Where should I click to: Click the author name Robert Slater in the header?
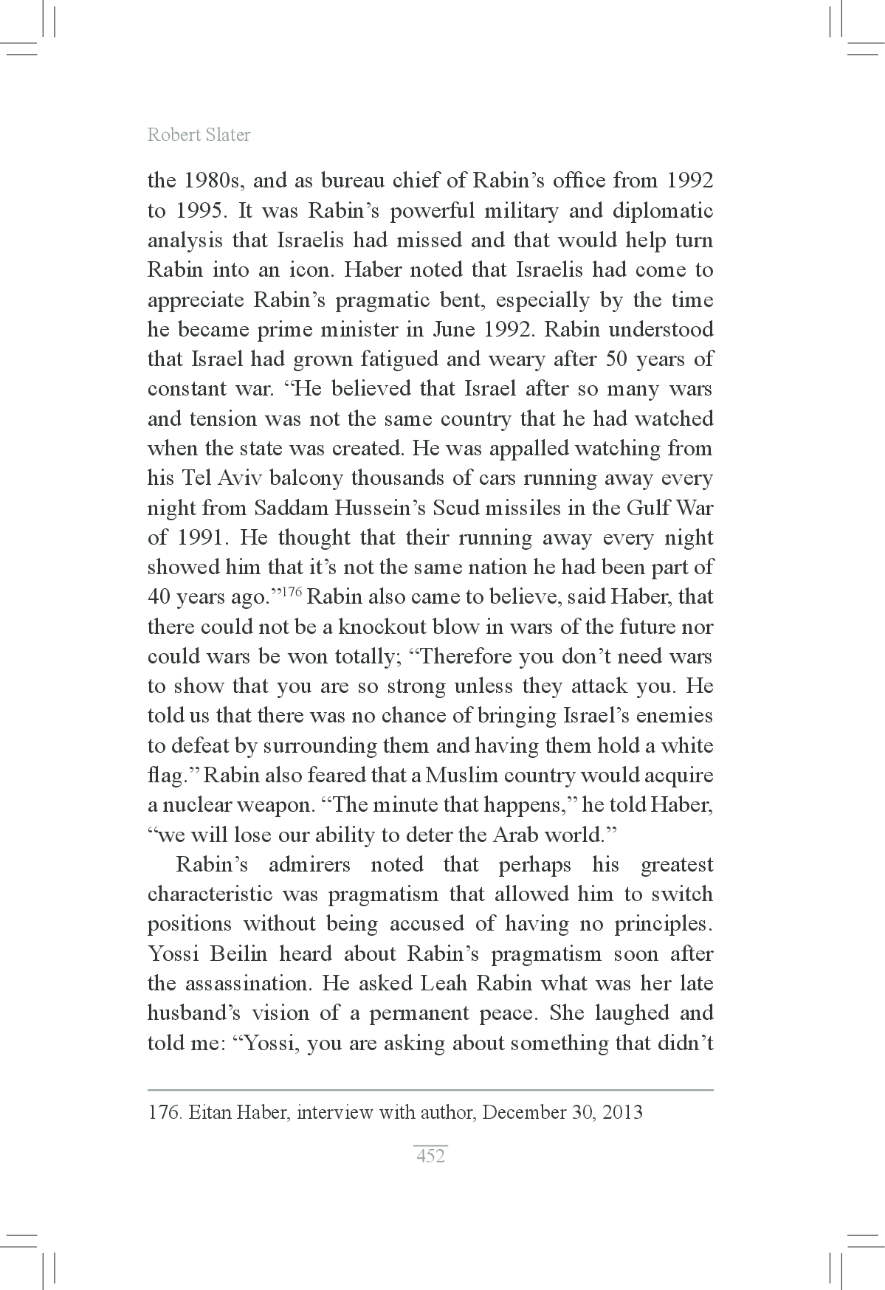pos(199,135)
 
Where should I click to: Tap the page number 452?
pos(430,1156)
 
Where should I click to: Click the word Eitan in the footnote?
pos(213,1112)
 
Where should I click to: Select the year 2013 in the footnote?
pos(622,1112)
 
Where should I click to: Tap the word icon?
pos(308,270)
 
